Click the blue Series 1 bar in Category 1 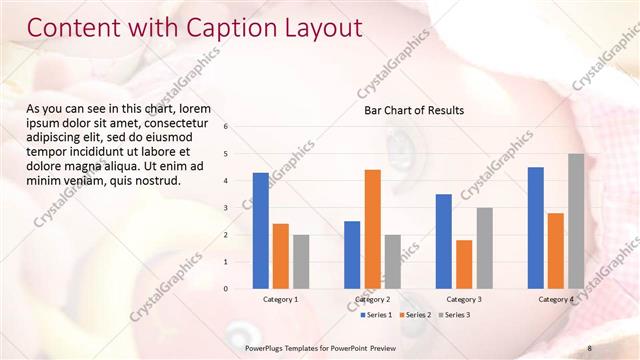click(260, 231)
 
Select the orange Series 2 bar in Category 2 click(372, 229)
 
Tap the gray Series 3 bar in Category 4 click(576, 221)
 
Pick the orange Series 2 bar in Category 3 click(464, 264)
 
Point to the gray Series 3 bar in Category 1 click(301, 262)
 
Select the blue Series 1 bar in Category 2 click(352, 255)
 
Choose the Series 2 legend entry click(414, 315)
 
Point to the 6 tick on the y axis click(226, 127)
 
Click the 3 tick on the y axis click(226, 208)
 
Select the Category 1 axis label click(280, 299)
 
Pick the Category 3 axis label click(464, 299)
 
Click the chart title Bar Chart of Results click(413, 110)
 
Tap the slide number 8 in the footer click(590, 348)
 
